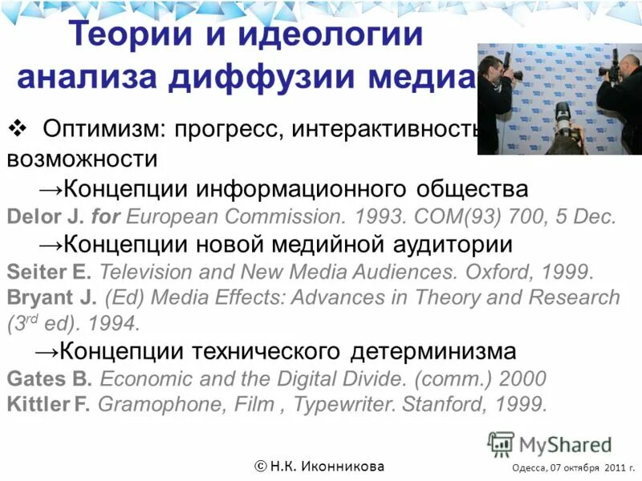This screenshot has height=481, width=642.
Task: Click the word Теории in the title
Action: [124, 35]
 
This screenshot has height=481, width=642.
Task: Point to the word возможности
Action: [82, 158]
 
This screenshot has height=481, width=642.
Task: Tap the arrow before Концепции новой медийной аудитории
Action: [51, 243]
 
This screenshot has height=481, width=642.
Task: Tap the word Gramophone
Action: [165, 404]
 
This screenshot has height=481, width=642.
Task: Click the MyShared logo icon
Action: [501, 444]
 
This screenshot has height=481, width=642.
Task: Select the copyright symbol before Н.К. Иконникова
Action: [262, 466]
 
